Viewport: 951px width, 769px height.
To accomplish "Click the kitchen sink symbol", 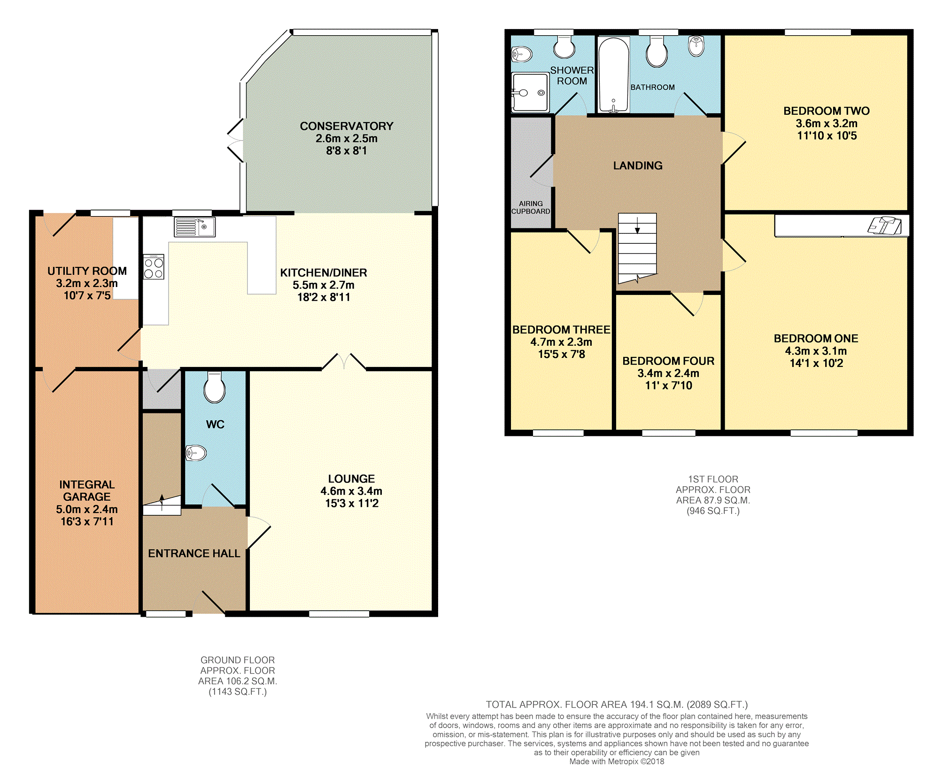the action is (195, 227).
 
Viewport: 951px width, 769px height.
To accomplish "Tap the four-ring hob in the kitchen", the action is (154, 267).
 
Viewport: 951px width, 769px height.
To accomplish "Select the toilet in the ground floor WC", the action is (215, 387).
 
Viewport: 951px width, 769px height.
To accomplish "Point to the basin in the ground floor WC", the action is (196, 453).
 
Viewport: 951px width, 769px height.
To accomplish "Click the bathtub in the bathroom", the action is (614, 75).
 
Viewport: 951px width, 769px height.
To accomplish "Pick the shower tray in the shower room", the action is (530, 93).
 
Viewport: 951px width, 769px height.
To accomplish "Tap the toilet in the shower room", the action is (564, 47).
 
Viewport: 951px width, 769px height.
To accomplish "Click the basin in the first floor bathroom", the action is (696, 46).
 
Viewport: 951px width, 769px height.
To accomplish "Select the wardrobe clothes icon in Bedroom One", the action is (885, 225).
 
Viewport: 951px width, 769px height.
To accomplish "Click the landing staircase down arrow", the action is (637, 225).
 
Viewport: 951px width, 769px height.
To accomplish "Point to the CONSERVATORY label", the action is (347, 126).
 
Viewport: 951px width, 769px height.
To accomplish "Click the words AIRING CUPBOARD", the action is (531, 207).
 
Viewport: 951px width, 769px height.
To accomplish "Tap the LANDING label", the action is (638, 165).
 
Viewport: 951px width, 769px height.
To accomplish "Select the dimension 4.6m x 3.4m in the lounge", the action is (351, 491).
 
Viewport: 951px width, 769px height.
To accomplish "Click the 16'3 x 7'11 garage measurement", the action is (87, 521).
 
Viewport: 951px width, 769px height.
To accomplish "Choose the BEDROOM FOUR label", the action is (668, 361).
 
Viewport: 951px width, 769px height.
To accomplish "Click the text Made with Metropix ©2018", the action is (617, 761).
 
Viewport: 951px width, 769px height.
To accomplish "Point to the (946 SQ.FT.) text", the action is (713, 511).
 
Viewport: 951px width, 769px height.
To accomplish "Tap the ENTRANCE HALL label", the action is (194, 553).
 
